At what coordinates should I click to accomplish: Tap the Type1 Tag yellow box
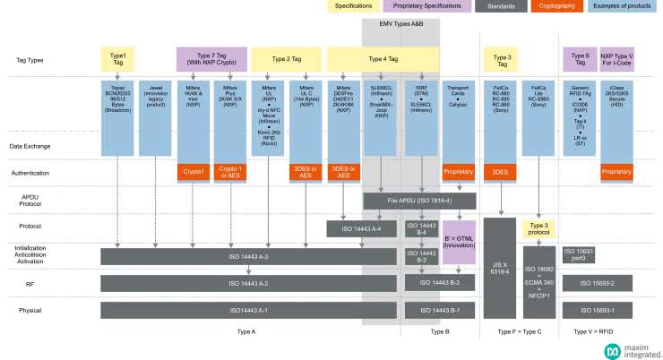click(x=118, y=59)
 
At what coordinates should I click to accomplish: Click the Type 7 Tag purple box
click(x=211, y=59)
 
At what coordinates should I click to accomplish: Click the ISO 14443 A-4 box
click(x=362, y=228)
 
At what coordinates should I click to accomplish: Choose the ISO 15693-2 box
click(x=600, y=283)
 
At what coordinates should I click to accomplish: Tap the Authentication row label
click(x=31, y=172)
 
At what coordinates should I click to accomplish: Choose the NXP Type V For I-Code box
click(x=616, y=59)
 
